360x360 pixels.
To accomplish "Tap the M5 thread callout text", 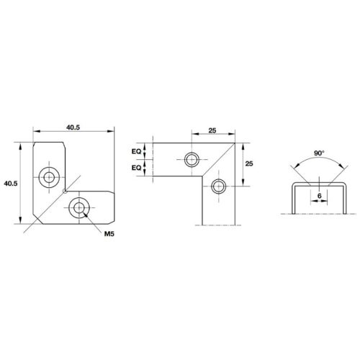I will click(110, 235).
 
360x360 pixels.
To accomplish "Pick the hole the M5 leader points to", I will click(77, 209).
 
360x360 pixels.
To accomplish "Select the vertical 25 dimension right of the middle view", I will click(248, 163).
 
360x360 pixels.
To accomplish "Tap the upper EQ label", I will click(135, 152).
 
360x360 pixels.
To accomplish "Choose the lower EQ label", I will click(135, 168).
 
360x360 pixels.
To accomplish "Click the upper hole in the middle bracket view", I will click(192, 159).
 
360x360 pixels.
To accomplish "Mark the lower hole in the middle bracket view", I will click(218, 186).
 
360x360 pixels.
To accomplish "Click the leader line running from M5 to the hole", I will click(94, 222).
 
